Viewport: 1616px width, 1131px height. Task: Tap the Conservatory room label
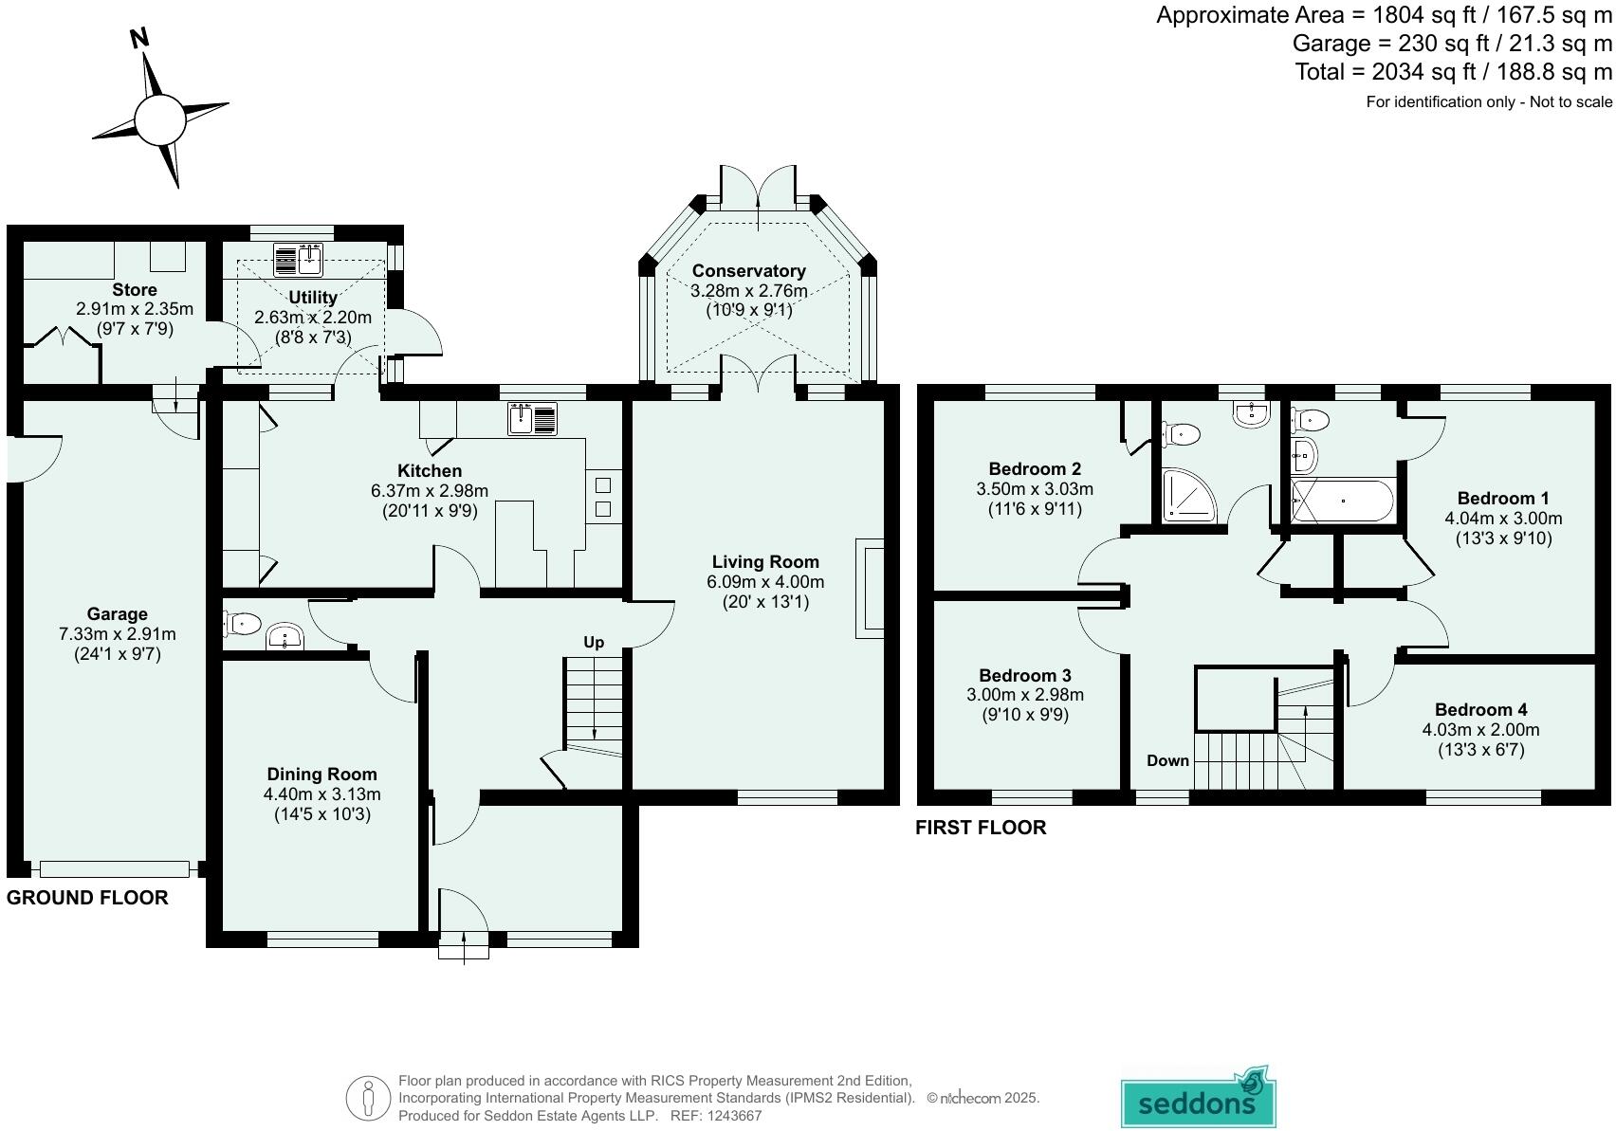tap(749, 270)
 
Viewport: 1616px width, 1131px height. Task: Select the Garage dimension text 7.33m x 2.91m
tap(117, 634)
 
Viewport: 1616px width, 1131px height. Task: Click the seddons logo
tap(1199, 1097)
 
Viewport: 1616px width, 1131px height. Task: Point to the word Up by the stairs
tap(594, 643)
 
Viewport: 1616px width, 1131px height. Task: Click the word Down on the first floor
tap(1168, 760)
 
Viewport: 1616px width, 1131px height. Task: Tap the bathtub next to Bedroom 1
tap(1342, 501)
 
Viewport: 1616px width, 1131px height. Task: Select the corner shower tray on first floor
tap(1189, 496)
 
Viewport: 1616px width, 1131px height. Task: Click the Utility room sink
tap(298, 261)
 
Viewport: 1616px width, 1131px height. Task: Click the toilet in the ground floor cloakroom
tap(242, 623)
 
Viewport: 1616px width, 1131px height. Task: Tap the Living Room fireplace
tap(870, 589)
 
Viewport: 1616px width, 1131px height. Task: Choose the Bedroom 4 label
tap(1481, 710)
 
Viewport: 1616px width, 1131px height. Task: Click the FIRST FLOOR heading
tap(981, 828)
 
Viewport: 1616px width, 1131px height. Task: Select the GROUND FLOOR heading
tap(87, 897)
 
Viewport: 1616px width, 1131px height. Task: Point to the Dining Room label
tap(321, 774)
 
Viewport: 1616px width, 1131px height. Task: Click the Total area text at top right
tap(1453, 72)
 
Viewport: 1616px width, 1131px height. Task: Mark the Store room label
tap(134, 290)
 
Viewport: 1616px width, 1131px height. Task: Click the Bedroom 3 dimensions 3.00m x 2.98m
tap(1025, 695)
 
